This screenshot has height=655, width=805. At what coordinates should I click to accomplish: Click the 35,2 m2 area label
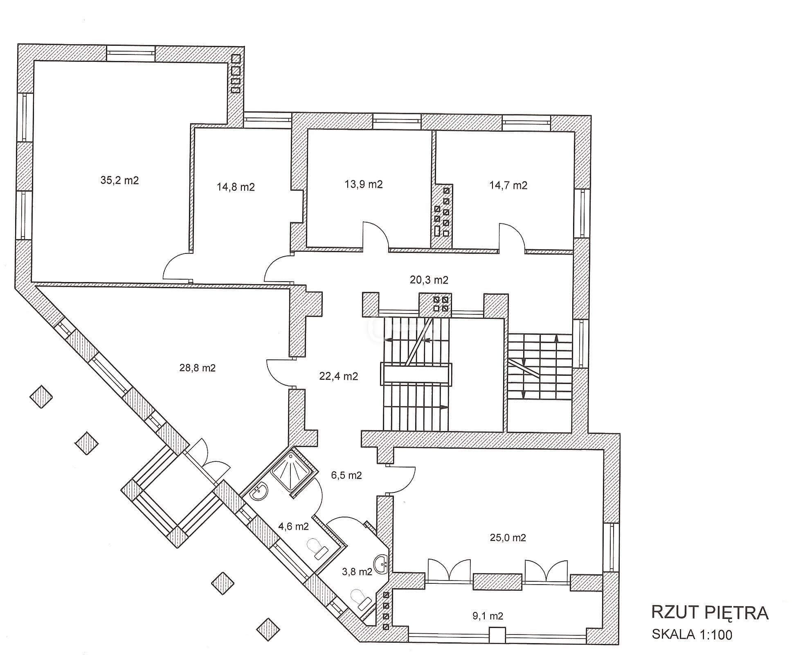(119, 180)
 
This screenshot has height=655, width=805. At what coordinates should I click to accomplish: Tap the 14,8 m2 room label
(236, 187)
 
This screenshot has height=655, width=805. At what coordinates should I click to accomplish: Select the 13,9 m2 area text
(364, 184)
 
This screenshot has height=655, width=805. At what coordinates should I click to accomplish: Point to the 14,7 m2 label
(508, 185)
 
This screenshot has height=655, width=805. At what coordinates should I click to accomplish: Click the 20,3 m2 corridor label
(429, 280)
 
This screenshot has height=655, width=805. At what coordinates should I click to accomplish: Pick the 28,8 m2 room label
(198, 368)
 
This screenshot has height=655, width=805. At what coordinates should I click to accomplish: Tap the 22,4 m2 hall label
(339, 376)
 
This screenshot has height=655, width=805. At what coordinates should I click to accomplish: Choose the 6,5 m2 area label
(346, 475)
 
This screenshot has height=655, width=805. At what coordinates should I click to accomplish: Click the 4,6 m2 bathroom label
(293, 526)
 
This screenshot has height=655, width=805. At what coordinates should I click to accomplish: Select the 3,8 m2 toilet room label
(357, 571)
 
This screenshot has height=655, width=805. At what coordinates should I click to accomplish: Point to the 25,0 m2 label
(508, 538)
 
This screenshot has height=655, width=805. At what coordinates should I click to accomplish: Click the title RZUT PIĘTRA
(710, 613)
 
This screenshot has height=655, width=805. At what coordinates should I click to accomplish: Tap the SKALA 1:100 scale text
(692, 635)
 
